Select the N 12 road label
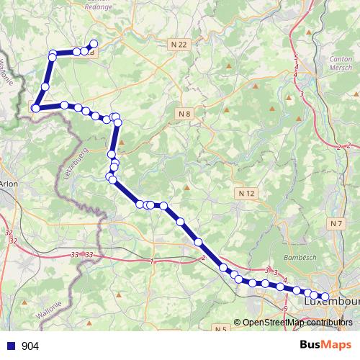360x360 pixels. pyautogui.click(x=246, y=193)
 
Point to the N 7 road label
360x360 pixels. pyautogui.click(x=336, y=224)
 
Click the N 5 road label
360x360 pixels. pyautogui.click(x=221, y=329)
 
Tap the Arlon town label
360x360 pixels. pyautogui.click(x=9, y=184)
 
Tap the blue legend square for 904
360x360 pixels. pyautogui.click(x=9, y=346)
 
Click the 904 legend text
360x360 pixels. pyautogui.click(x=30, y=346)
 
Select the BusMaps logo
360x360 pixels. pyautogui.click(x=326, y=345)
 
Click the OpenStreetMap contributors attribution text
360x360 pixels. pyautogui.click(x=297, y=323)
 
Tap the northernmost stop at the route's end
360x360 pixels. pyautogui.click(x=94, y=44)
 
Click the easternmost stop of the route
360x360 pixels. pyautogui.click(x=324, y=296)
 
